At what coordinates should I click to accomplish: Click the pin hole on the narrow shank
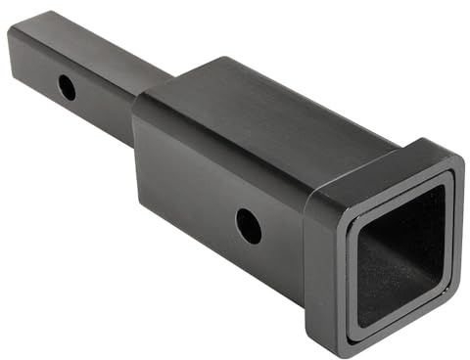point(67,88)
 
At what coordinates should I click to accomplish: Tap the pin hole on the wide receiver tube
point(249,226)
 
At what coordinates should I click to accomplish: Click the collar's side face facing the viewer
point(323,264)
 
